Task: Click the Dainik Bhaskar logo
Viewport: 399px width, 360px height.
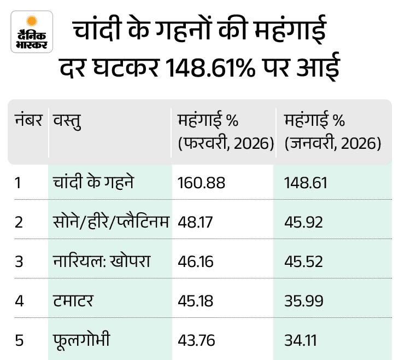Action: pos(32,32)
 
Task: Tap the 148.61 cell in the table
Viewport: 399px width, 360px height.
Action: pos(306,183)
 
